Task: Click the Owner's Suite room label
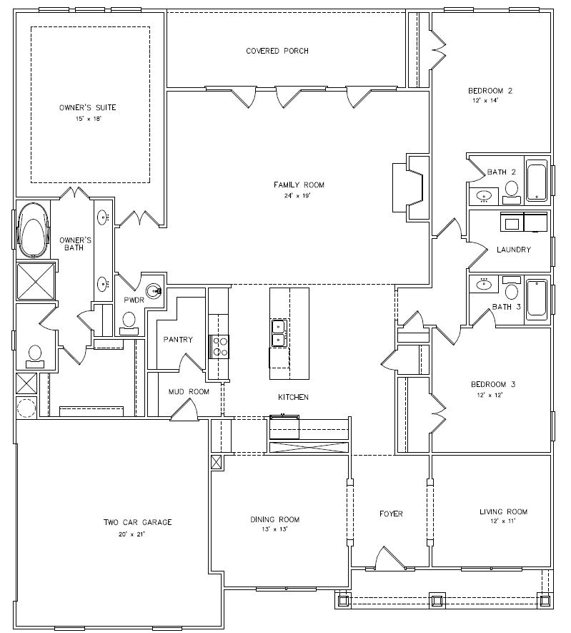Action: [87, 108]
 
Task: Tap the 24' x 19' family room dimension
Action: [298, 196]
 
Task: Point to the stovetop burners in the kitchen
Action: [219, 347]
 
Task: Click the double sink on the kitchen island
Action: [279, 333]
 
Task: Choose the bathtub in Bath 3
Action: [537, 299]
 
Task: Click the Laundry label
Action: [513, 250]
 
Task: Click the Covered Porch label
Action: [277, 51]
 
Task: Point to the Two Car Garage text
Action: [137, 522]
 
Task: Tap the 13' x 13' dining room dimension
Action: [274, 529]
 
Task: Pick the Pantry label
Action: [178, 340]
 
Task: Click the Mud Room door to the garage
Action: [184, 410]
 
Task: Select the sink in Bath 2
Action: [484, 196]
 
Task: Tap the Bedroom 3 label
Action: [493, 384]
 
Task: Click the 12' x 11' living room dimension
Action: [503, 521]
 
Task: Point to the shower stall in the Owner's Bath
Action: [36, 281]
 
